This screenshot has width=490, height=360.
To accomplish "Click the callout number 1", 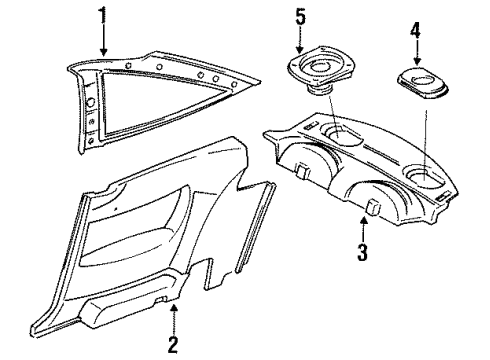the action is [x=103, y=16].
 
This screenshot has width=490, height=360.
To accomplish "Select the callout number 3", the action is [x=363, y=252].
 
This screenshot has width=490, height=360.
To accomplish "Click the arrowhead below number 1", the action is [x=104, y=52].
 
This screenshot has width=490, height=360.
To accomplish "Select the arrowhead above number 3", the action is [x=363, y=220].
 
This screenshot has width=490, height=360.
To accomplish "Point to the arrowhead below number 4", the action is [x=417, y=61].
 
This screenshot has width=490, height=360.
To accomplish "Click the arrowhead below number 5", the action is [x=300, y=50].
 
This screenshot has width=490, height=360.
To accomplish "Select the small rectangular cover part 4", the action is [x=422, y=83].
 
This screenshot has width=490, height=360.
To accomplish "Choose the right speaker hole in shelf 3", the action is [x=423, y=176].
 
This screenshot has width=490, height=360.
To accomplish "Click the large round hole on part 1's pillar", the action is [x=90, y=102].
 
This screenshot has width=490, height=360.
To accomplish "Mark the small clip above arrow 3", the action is [x=373, y=206].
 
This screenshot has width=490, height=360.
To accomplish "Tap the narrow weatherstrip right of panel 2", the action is [x=256, y=227].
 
